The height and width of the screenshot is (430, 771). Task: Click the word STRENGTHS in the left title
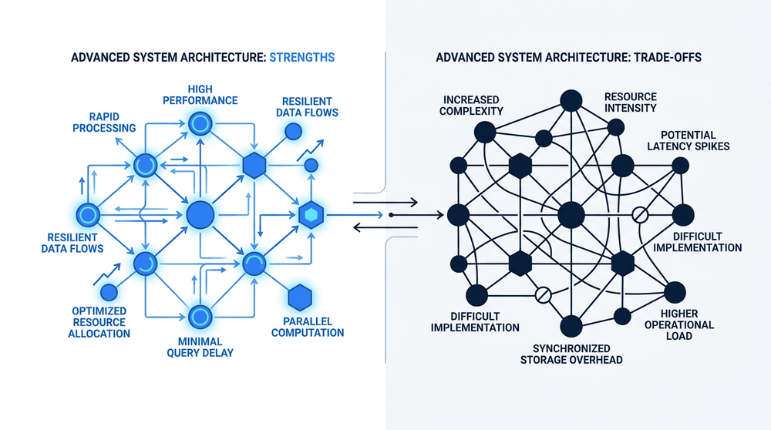click(302, 58)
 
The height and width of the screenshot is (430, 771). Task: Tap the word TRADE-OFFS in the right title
click(667, 58)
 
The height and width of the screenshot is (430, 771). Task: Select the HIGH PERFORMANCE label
click(200, 95)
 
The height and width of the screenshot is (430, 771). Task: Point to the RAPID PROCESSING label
click(104, 123)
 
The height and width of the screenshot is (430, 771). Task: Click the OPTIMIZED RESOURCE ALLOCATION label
click(99, 322)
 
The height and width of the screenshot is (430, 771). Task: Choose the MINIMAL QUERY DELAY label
click(200, 347)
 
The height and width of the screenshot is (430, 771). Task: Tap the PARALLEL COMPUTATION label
click(308, 327)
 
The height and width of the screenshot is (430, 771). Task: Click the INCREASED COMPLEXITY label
click(471, 105)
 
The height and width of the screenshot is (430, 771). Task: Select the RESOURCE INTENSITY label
click(631, 102)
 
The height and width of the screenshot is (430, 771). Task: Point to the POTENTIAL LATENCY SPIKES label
click(688, 140)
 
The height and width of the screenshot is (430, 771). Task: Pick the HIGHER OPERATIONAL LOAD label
click(679, 324)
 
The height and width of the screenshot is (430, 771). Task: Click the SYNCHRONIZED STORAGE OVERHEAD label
click(571, 354)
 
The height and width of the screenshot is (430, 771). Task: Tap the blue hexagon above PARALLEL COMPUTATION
click(300, 297)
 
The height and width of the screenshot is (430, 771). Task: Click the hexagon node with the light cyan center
click(311, 215)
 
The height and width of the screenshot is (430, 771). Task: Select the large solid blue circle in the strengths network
click(200, 215)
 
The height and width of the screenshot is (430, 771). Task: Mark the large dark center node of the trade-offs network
click(571, 215)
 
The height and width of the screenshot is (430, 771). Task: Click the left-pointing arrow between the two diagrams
click(385, 227)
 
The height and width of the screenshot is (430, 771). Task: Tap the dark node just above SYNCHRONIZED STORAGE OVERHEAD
click(571, 326)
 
